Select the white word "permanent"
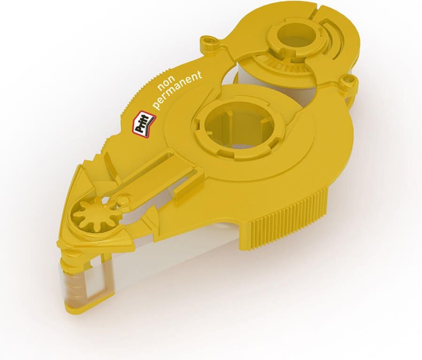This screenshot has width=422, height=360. click(x=177, y=90)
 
